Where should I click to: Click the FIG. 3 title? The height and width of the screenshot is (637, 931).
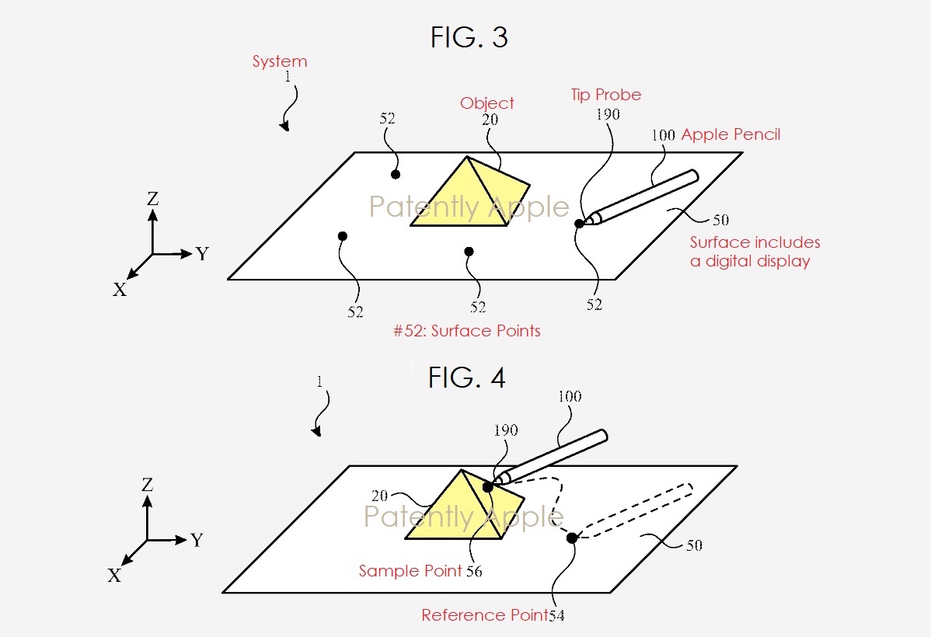(469, 37)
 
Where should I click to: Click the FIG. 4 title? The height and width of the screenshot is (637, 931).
(467, 378)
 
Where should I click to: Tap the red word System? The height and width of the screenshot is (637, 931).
(280, 62)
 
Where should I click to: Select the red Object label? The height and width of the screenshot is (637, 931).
(487, 103)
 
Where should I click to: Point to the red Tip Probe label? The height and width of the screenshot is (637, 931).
(606, 95)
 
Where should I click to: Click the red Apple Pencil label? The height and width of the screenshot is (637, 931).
(731, 134)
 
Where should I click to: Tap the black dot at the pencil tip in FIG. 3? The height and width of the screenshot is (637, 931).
(579, 224)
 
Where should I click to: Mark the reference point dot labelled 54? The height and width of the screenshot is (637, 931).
(572, 538)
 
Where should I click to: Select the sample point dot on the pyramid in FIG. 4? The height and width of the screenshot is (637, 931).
(487, 487)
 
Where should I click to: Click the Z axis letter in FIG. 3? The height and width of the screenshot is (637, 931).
(152, 199)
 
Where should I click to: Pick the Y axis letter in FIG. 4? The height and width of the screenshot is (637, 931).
(197, 540)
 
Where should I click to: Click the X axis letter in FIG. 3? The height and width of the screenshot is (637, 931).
(120, 289)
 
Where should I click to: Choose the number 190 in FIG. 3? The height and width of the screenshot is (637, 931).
(608, 114)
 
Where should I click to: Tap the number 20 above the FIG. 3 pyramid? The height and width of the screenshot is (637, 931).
(490, 120)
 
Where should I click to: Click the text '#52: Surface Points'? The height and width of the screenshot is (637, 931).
(467, 331)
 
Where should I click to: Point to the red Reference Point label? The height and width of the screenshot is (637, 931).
(484, 615)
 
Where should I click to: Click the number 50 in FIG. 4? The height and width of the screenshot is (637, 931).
(694, 545)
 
